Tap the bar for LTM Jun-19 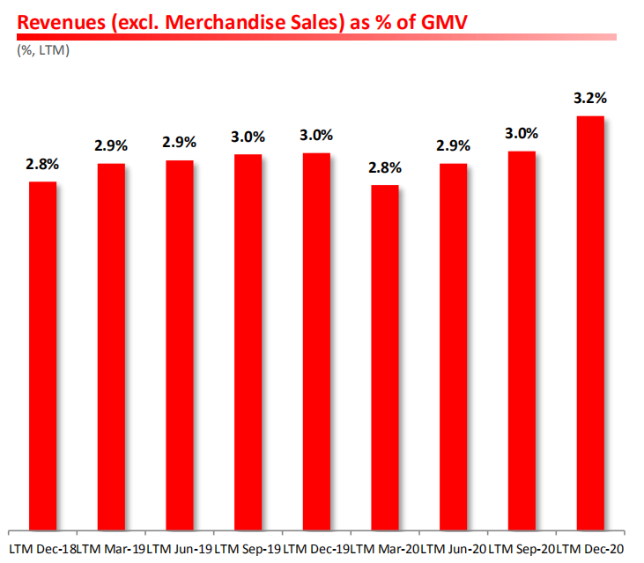(x=180, y=344)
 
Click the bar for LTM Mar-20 (x=385, y=357)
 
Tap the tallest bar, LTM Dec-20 (x=589, y=322)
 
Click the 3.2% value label (x=589, y=99)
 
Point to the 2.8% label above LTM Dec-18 (x=43, y=164)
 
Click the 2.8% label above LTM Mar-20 (x=385, y=167)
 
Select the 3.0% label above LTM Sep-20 (x=522, y=134)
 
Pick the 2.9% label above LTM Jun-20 (x=453, y=146)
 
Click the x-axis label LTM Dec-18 (x=41, y=550)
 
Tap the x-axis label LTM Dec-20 (x=590, y=550)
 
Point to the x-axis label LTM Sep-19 (x=248, y=550)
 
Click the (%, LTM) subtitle (x=42, y=50)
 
